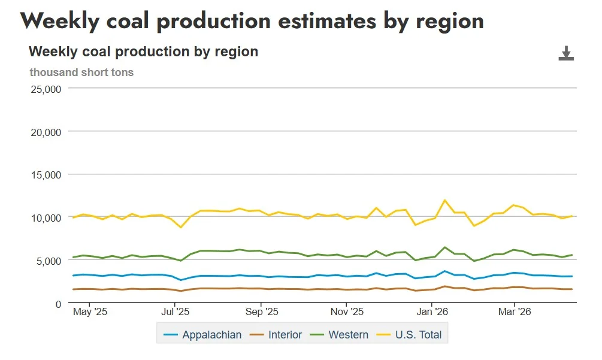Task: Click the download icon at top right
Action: point(566,53)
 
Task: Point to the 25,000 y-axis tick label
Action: point(46,89)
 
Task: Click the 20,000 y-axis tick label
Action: point(46,132)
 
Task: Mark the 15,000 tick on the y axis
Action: point(46,175)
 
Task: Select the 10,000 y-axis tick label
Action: point(46,217)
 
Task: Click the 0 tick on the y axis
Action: point(58,304)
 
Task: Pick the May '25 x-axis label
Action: point(89,312)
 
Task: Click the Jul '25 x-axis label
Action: point(176,312)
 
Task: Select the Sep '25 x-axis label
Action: point(262,312)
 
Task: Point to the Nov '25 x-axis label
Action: point(347,312)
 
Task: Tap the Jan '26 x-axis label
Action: point(432,312)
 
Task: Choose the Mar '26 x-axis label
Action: point(515,312)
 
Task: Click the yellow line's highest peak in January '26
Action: point(444,200)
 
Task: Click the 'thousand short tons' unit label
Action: point(81,72)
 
